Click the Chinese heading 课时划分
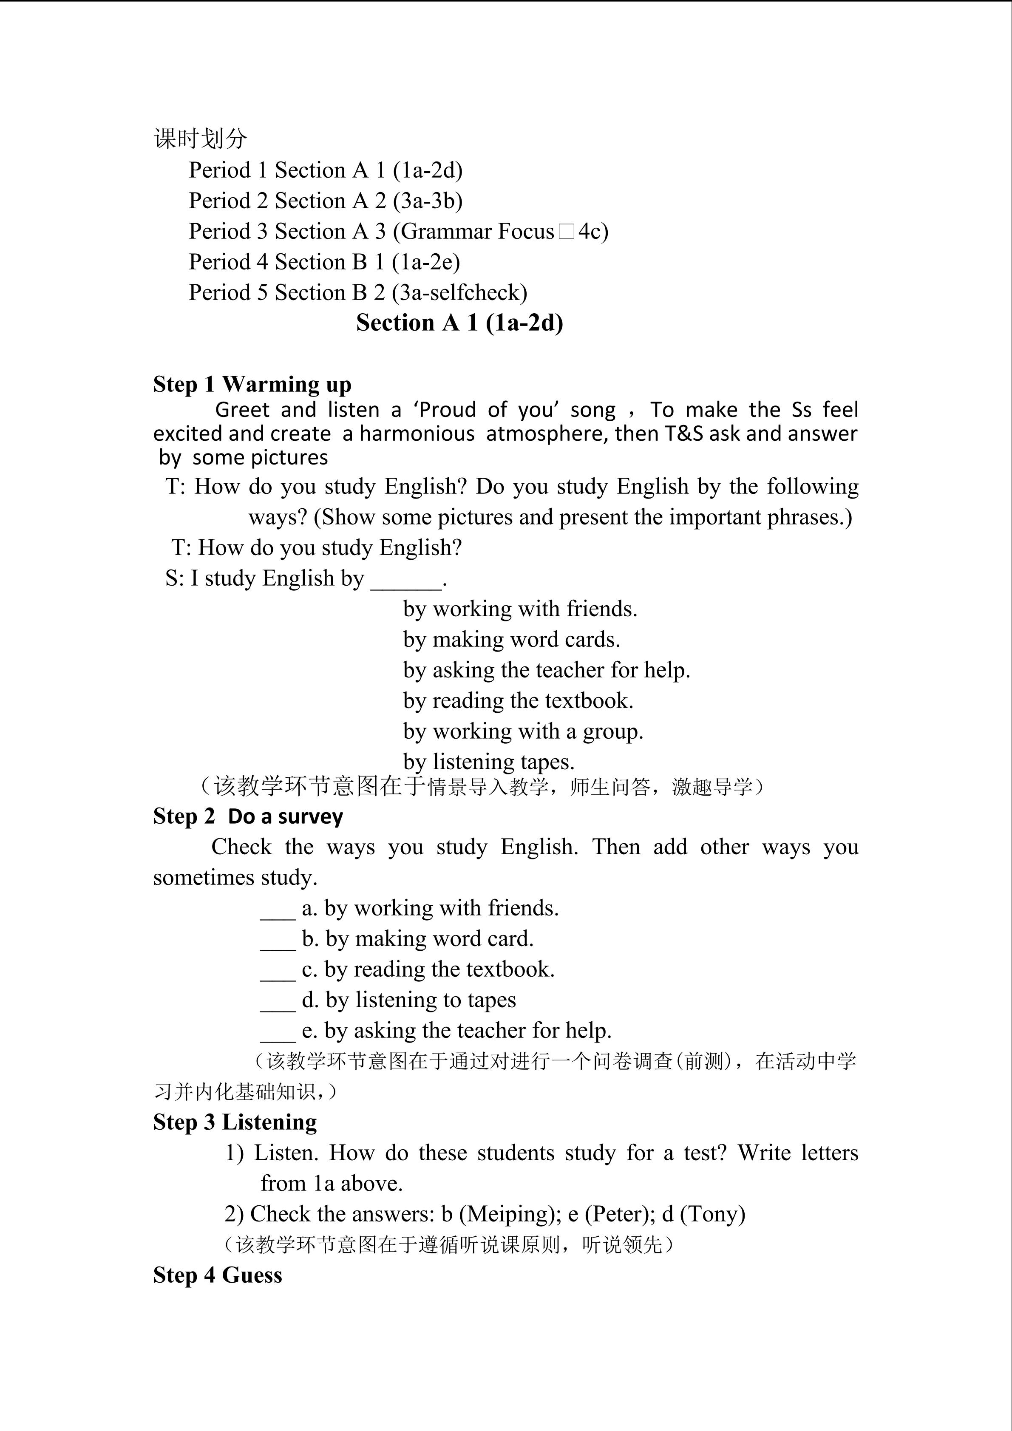tap(200, 139)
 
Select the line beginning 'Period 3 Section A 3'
tap(398, 231)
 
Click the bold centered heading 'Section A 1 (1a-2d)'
tap(459, 323)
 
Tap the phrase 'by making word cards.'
tap(511, 640)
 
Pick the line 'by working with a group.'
tap(523, 731)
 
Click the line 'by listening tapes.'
tap(488, 762)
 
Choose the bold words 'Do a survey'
tap(285, 816)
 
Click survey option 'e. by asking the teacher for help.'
tap(456, 1031)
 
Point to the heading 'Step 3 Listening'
tap(235, 1122)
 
